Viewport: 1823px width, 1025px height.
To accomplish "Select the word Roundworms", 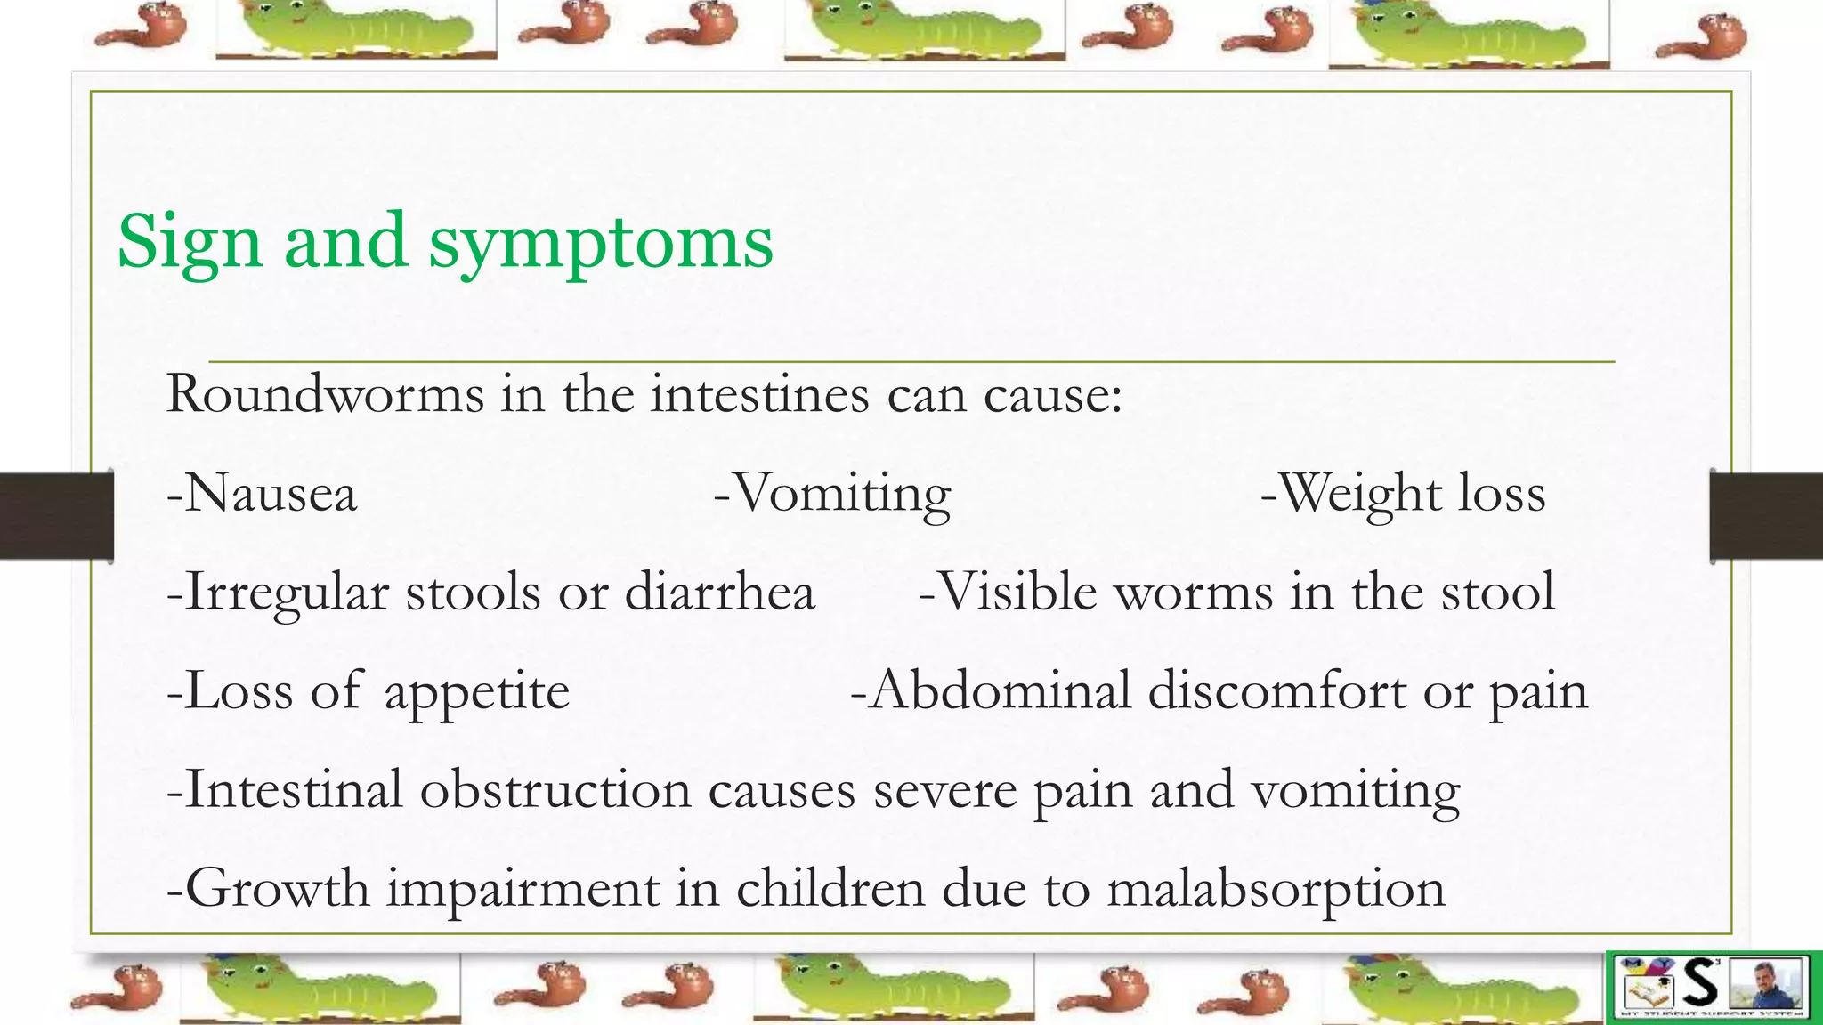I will point(325,393).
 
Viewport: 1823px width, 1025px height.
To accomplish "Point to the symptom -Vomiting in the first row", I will point(832,495).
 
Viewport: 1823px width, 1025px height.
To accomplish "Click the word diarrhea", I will point(719,592).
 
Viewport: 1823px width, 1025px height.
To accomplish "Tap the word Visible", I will point(1017,592).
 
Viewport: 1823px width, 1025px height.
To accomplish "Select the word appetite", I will point(476,692).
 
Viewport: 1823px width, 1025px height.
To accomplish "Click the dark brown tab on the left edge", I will point(56,516).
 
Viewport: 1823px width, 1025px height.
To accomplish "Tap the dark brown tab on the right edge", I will point(1766,516).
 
